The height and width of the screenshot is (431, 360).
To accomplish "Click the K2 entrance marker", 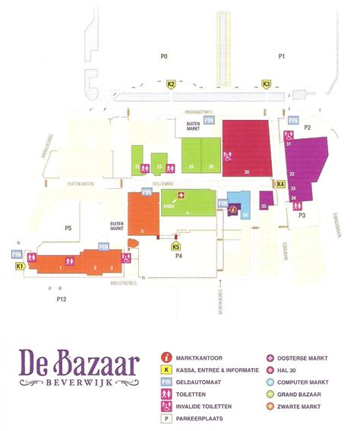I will [172, 84].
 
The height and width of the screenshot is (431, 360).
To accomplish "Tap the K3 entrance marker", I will [267, 84].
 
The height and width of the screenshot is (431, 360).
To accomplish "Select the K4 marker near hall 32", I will [280, 184].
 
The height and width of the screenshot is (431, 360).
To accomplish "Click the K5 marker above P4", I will [176, 246].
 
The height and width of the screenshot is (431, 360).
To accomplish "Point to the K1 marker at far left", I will [20, 267].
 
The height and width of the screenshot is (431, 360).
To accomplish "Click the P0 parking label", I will [163, 57].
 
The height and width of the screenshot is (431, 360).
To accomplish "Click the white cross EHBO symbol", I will [181, 195].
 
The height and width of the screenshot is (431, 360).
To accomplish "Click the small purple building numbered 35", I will [264, 204].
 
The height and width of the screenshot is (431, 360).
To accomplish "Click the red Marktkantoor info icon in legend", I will [165, 356].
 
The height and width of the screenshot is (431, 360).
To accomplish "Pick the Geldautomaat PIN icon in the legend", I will [165, 381].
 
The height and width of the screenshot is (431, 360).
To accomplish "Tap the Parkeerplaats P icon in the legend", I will [165, 417].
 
